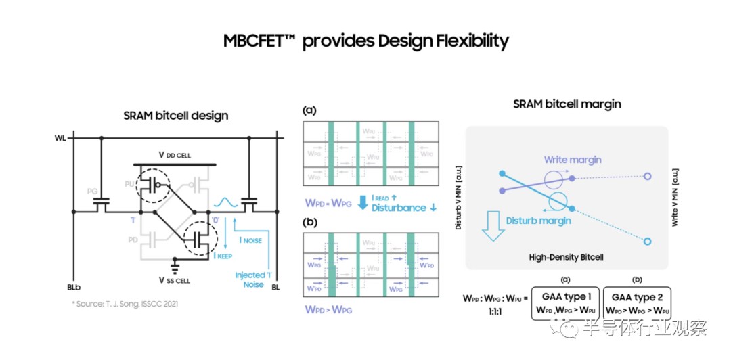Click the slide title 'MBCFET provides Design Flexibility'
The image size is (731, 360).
[365, 41]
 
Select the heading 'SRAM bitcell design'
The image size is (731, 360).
[176, 116]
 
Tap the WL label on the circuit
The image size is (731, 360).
[62, 139]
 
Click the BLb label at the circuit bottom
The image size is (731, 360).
[74, 286]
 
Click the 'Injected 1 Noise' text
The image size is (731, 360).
[250, 280]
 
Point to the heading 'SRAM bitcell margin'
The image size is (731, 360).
[567, 104]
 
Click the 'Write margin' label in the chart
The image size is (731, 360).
[573, 160]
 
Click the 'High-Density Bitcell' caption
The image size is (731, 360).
[567, 258]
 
